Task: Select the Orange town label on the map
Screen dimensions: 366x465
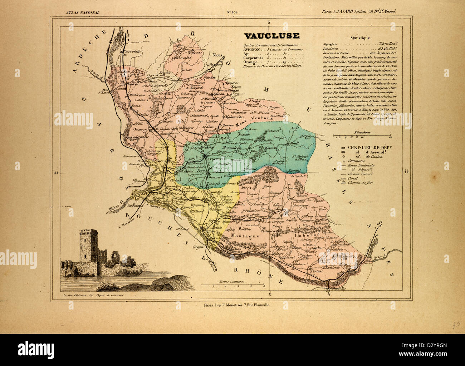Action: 140,130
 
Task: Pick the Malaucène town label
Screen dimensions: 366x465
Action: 234,117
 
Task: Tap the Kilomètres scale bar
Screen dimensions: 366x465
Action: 361,136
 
